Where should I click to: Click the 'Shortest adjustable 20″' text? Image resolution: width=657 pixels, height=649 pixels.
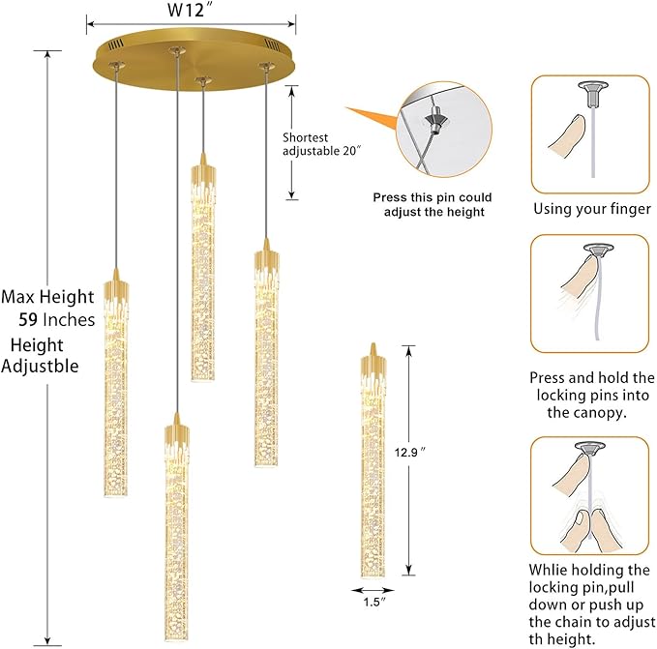click(x=321, y=144)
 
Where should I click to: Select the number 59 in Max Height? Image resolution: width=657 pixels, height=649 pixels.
click(x=29, y=319)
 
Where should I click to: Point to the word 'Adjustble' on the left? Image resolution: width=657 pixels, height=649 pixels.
click(x=40, y=367)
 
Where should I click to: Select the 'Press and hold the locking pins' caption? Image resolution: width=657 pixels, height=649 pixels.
click(x=591, y=394)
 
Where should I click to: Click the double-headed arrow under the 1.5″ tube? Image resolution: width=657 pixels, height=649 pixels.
click(x=373, y=590)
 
